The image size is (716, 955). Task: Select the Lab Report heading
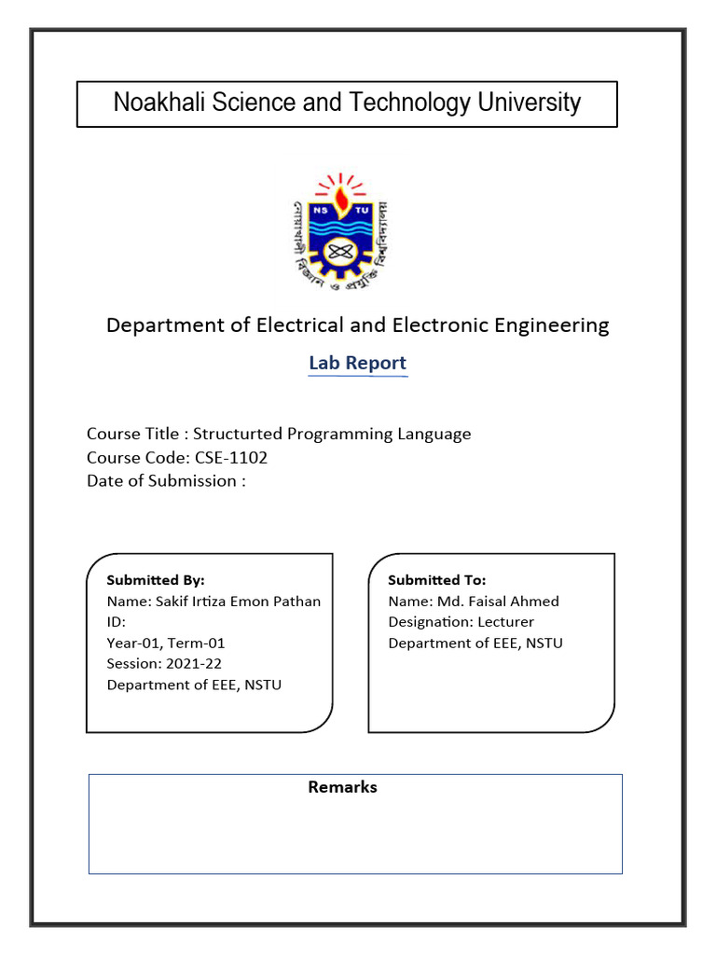pyautogui.click(x=358, y=363)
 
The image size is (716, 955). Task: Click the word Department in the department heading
pyautogui.click(x=157, y=325)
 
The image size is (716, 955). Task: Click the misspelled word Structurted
pyautogui.click(x=237, y=434)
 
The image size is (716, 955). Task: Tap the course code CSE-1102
pyautogui.click(x=231, y=457)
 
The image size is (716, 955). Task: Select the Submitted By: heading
pyautogui.click(x=156, y=580)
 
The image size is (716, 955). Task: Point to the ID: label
pyautogui.click(x=117, y=622)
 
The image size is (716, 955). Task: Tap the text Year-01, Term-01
pyautogui.click(x=166, y=643)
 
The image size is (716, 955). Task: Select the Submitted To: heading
pyautogui.click(x=436, y=580)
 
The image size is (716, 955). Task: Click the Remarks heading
pyautogui.click(x=343, y=787)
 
